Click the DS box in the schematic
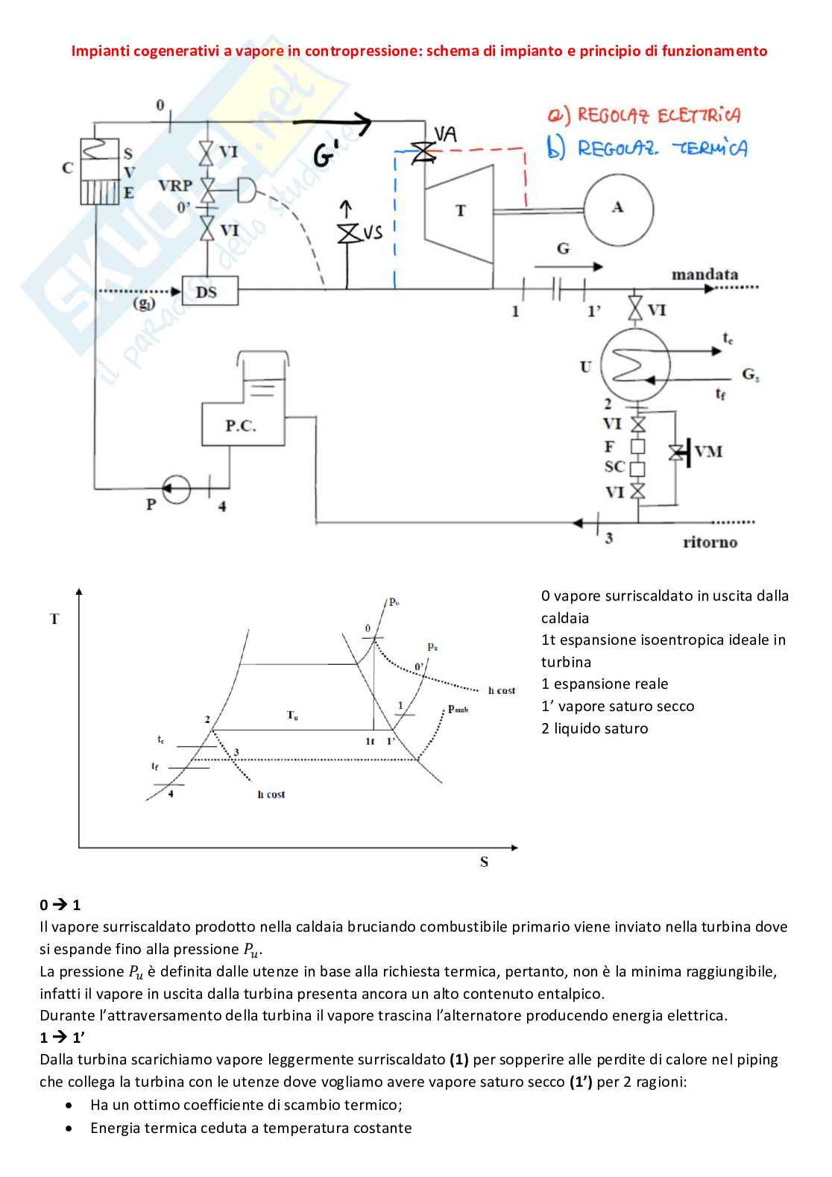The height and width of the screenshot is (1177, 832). pyautogui.click(x=209, y=291)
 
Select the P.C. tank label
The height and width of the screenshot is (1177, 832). pyautogui.click(x=241, y=425)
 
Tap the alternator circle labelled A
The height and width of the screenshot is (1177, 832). pyautogui.click(x=619, y=209)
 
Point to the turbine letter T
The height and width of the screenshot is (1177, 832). pyautogui.click(x=461, y=210)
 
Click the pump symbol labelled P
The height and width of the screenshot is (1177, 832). pyautogui.click(x=176, y=489)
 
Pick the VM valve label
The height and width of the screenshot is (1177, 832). pyautogui.click(x=708, y=452)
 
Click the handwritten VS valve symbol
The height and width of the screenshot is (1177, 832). pyautogui.click(x=347, y=233)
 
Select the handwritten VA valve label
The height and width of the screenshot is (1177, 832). pyautogui.click(x=446, y=134)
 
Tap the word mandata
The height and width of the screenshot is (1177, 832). pyautogui.click(x=705, y=274)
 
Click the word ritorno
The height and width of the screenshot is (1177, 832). pyautogui.click(x=710, y=542)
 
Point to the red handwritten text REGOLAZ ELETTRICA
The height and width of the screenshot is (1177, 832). pyautogui.click(x=644, y=115)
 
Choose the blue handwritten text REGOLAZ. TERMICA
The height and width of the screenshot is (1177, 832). pyautogui.click(x=647, y=148)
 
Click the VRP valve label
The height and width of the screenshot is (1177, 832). pyautogui.click(x=175, y=186)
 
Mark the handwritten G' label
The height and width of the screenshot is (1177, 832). pyautogui.click(x=326, y=154)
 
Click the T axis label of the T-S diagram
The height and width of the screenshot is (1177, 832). pyautogui.click(x=54, y=619)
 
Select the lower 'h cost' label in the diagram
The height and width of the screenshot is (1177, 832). pyautogui.click(x=271, y=794)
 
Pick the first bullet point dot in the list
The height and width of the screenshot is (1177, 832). pyautogui.click(x=69, y=1105)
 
